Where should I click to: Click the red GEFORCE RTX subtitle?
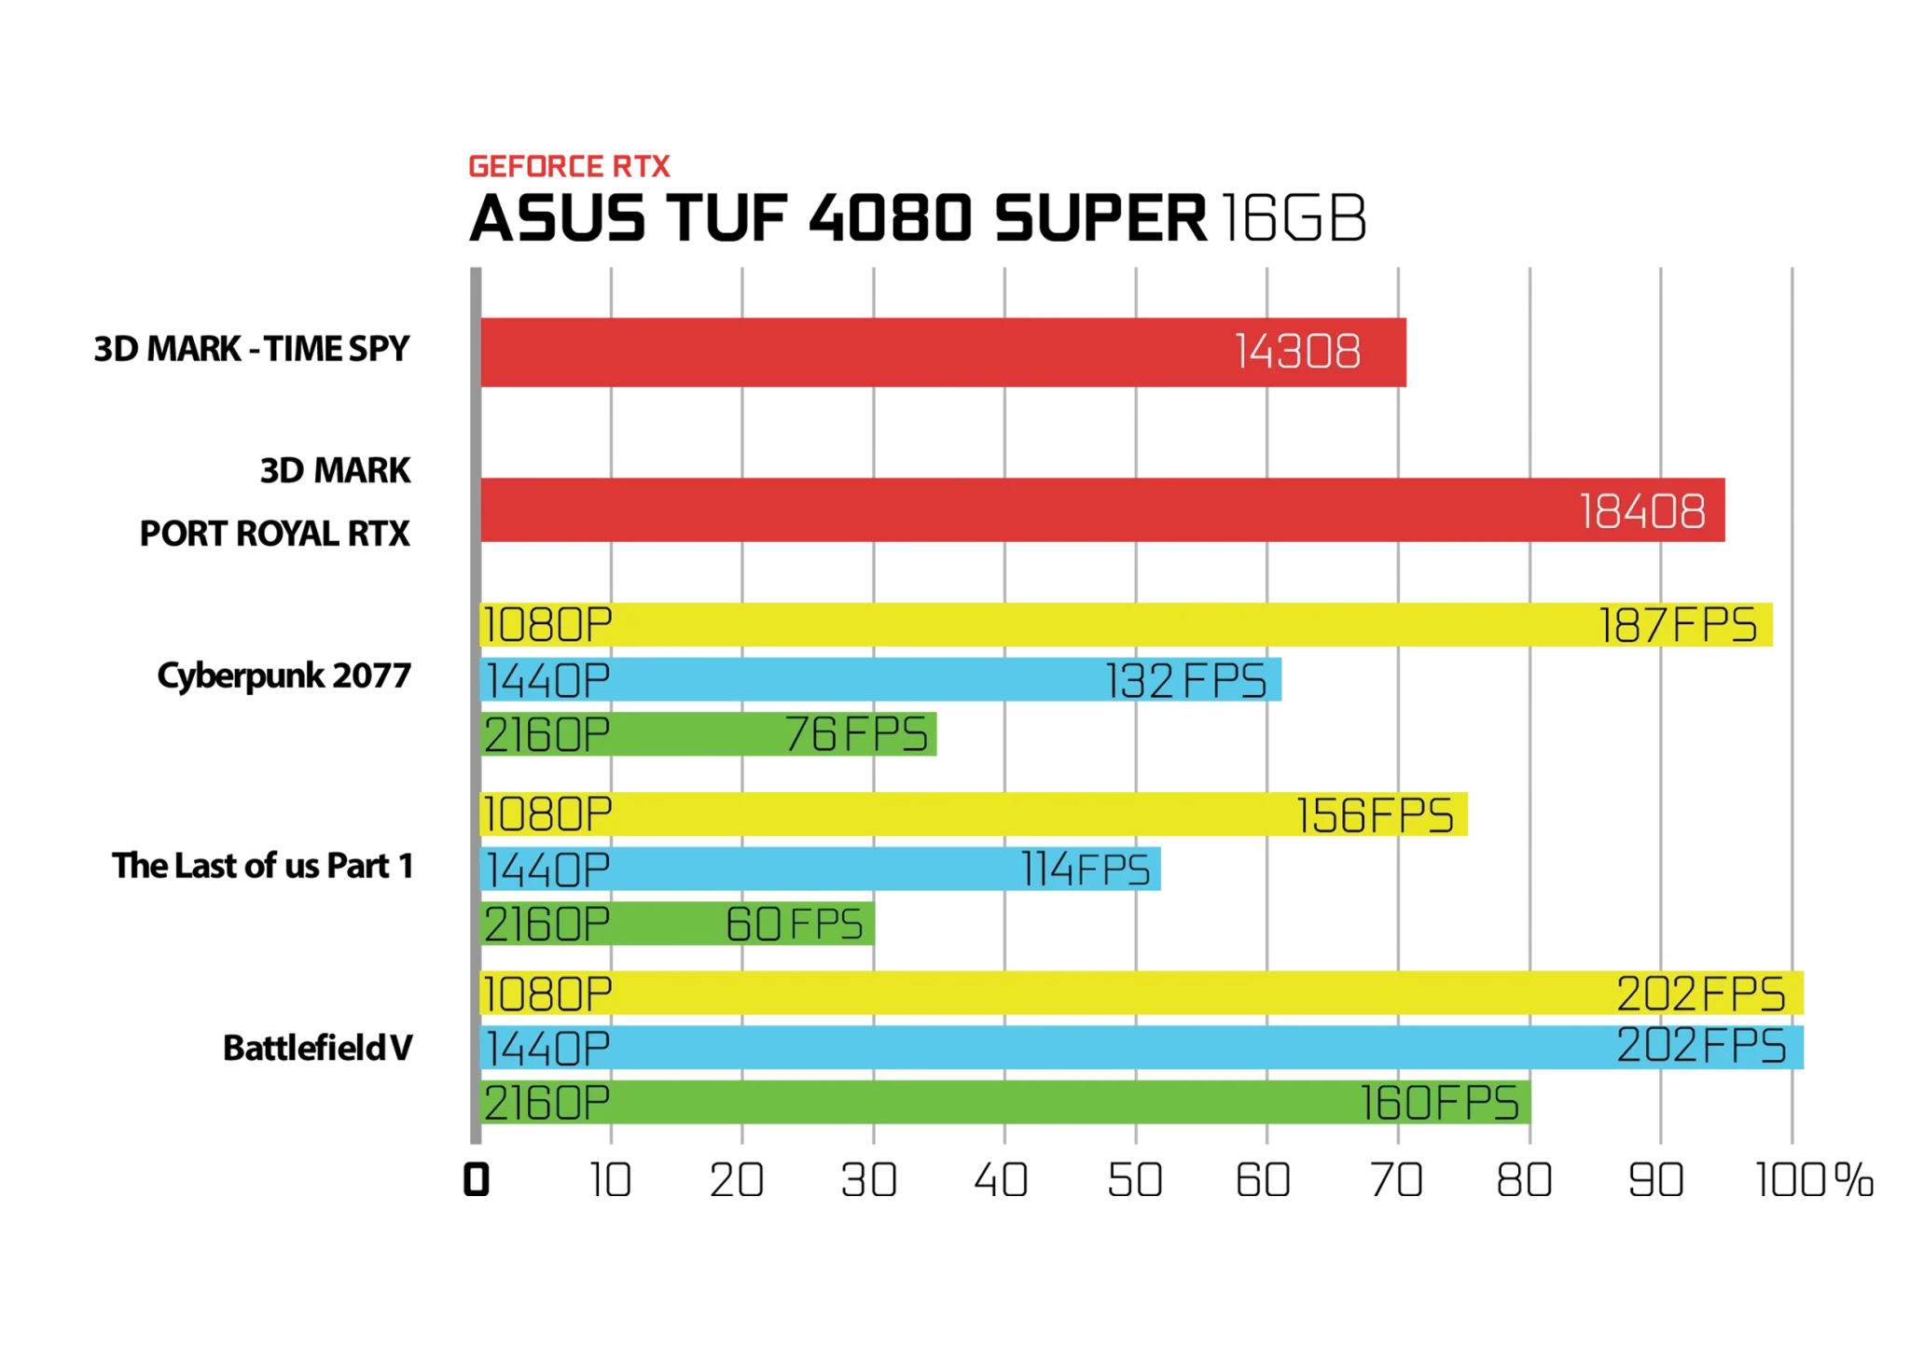569,166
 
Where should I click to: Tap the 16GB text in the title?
1294,218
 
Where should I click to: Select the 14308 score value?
1297,352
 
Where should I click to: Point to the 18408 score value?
1642,511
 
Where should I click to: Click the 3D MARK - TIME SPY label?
252,348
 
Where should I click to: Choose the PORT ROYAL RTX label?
275,534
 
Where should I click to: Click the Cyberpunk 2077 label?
284,675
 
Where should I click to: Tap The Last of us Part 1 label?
262,866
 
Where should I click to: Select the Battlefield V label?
317,1048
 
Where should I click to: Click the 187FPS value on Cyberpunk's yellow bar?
1678,625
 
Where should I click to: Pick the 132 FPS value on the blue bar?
1185,680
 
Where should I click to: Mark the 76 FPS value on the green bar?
856,734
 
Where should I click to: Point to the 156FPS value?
1374,815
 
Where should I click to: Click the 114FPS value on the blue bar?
1086,870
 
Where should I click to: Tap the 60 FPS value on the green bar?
795,925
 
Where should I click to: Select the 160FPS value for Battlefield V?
1439,1104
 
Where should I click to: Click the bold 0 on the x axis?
477,1180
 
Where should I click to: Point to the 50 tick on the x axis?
1135,1180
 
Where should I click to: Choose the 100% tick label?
1815,1180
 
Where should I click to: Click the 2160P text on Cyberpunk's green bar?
547,735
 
